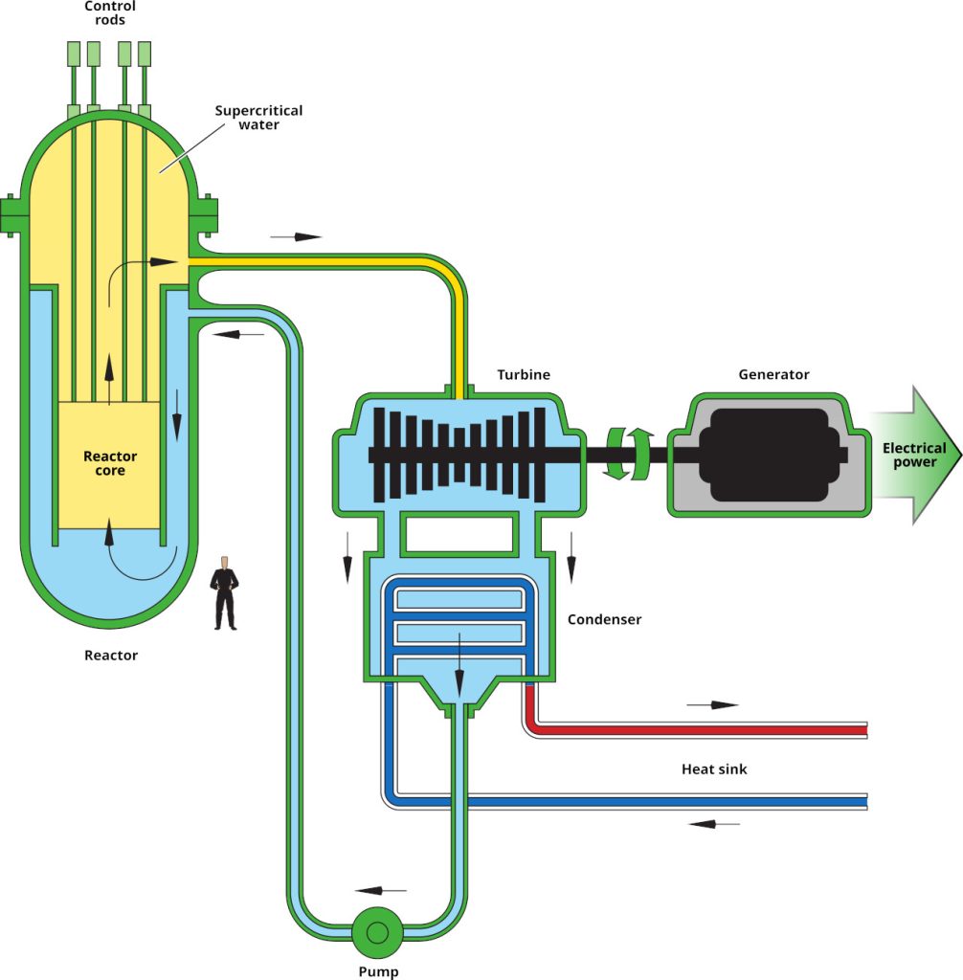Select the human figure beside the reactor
coord(225,593)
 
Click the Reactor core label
coord(110,463)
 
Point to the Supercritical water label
coord(258,118)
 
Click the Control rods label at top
coord(110,13)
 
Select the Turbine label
coord(524,374)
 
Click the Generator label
coord(773,374)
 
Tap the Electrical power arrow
coord(914,456)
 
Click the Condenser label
coord(604,619)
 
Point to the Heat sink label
coord(714,768)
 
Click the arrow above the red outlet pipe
coord(712,705)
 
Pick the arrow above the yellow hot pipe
coord(297,236)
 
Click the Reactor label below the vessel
coord(111,656)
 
